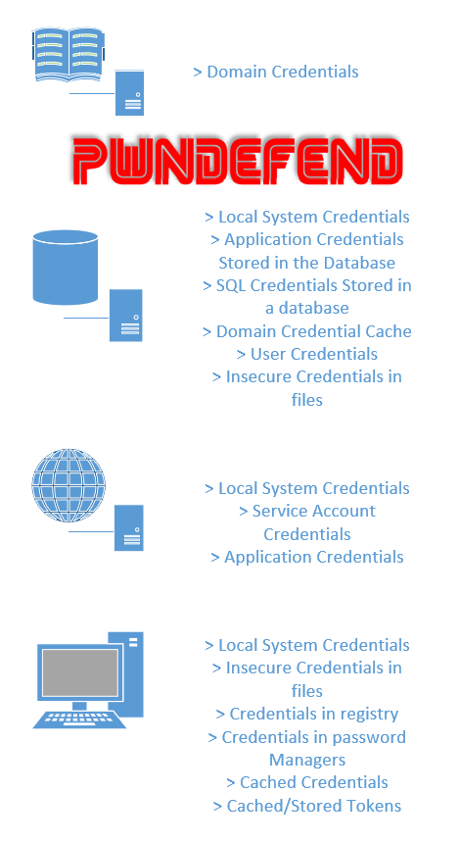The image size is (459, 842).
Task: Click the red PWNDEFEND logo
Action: pos(237,161)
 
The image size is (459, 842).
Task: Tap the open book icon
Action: pos(69,54)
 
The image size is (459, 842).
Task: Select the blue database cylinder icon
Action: pos(66,267)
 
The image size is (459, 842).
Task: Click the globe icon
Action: pos(69,485)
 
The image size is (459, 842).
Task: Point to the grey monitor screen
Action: pos(80,672)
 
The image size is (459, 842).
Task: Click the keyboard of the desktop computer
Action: pos(80,719)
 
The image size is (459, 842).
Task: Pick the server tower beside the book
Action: pos(130,92)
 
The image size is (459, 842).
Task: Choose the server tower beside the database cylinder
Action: pos(126,316)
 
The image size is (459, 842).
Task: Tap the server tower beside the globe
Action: pos(129,527)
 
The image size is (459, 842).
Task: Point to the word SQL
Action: pos(231,285)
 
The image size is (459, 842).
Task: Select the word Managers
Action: pos(307,760)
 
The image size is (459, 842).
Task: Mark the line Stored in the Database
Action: pos(307,263)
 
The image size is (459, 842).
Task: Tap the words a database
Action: pos(307,308)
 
